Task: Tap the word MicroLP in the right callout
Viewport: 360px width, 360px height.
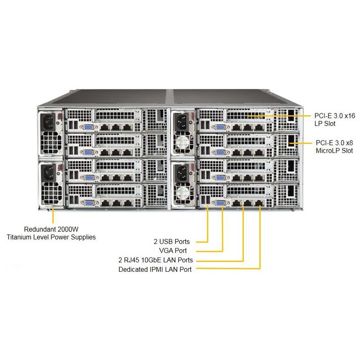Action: click(327, 151)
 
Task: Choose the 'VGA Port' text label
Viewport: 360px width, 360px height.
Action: click(173, 251)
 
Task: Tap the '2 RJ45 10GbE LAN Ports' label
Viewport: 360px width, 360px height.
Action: click(156, 260)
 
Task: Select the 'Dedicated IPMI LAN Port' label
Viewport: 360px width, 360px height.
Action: click(155, 270)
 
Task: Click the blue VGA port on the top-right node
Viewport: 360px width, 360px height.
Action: click(221, 127)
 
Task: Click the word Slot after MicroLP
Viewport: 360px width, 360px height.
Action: click(346, 151)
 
